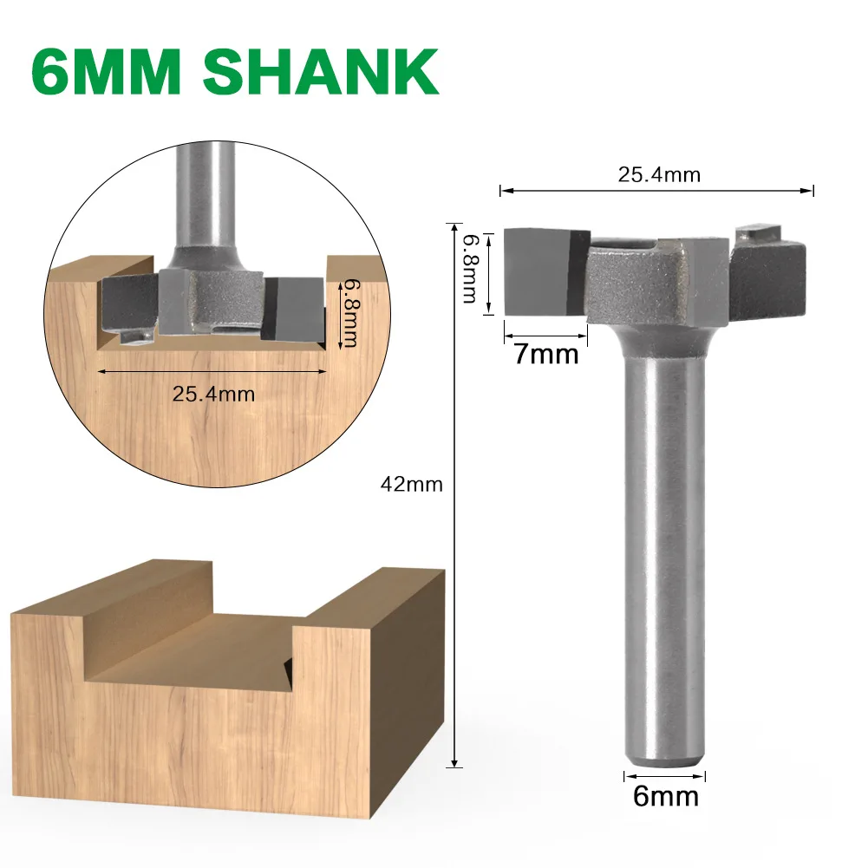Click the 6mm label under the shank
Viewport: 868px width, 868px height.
tap(665, 796)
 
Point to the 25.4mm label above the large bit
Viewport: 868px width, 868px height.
tap(658, 174)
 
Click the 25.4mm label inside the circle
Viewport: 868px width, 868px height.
tap(213, 393)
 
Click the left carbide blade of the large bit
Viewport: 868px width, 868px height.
tap(538, 271)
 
